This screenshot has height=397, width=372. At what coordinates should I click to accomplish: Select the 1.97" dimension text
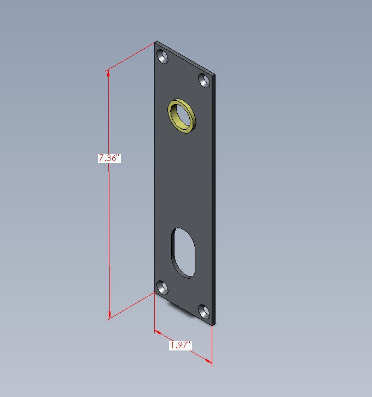(x=179, y=346)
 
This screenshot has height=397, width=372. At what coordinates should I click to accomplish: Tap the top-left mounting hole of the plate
(x=162, y=57)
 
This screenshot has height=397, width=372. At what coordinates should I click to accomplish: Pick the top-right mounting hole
(x=205, y=81)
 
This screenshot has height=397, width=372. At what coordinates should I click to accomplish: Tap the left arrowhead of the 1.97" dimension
(x=157, y=332)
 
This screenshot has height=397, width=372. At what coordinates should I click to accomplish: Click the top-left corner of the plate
(x=155, y=42)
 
